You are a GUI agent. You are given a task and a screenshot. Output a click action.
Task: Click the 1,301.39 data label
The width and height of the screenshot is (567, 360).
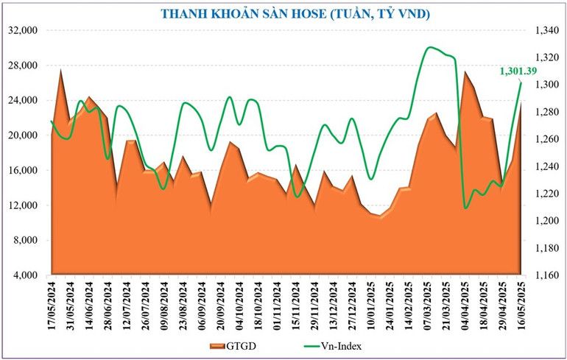tap(518, 71)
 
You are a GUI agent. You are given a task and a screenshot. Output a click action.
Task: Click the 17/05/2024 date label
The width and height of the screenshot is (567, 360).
tap(52, 306)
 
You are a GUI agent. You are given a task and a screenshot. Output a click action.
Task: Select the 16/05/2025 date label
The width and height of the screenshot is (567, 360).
tap(522, 306)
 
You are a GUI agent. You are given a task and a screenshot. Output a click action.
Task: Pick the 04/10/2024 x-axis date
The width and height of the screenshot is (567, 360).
tap(239, 306)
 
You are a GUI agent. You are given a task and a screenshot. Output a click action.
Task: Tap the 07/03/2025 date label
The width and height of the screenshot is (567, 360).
tap(429, 306)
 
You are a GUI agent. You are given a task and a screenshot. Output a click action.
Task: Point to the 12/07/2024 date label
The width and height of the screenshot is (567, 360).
tap(127, 306)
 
